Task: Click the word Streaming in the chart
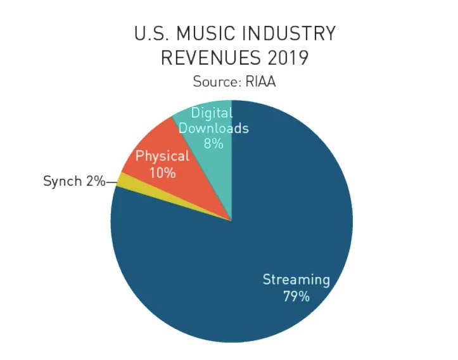(296, 280)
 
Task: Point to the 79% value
(296, 295)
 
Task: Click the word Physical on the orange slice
(163, 156)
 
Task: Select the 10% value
(163, 172)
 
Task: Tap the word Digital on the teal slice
(212, 113)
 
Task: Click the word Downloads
(213, 128)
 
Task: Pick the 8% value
(213, 143)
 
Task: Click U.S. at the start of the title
(149, 34)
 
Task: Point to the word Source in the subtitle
(214, 82)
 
